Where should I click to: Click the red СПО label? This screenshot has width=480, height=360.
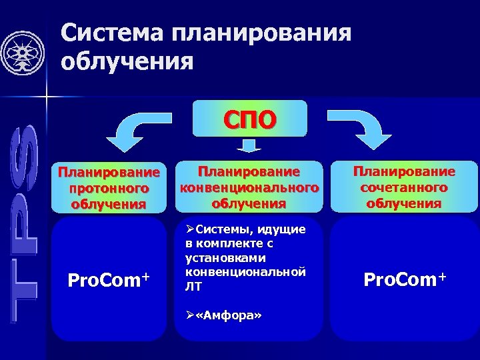pos(250,120)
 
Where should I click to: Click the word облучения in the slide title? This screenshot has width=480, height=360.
pos(127,63)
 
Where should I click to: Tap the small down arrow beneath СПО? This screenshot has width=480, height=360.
pos(249,146)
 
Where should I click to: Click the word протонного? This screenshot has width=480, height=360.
pos(109,189)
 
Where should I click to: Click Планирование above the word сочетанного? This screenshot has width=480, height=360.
pos(404,171)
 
